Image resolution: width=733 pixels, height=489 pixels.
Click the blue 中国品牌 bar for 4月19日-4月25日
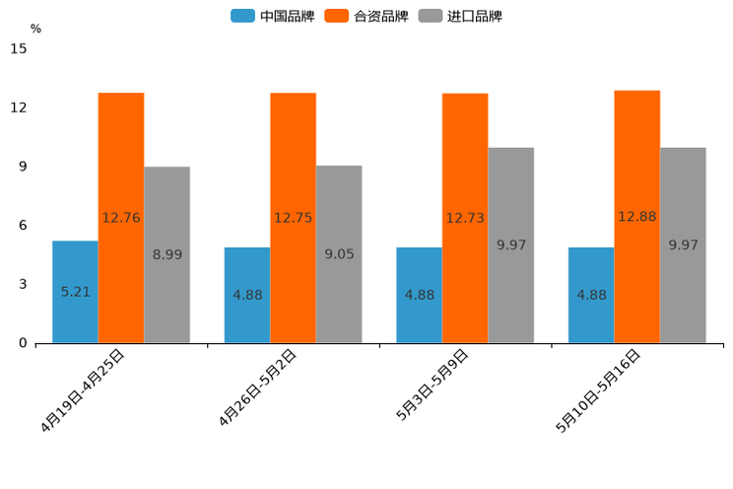click(75, 266)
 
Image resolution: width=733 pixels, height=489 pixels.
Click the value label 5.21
click(76, 292)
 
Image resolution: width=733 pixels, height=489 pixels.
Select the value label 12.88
click(636, 216)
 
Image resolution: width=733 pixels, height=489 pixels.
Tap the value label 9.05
click(339, 254)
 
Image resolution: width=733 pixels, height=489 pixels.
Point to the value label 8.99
click(167, 254)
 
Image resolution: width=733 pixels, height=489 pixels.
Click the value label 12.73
click(465, 218)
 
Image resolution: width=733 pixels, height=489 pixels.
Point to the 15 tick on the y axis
click(20, 48)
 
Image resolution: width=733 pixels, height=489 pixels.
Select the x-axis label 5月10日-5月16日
click(599, 390)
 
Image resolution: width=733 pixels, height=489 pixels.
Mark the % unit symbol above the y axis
click(35, 29)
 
